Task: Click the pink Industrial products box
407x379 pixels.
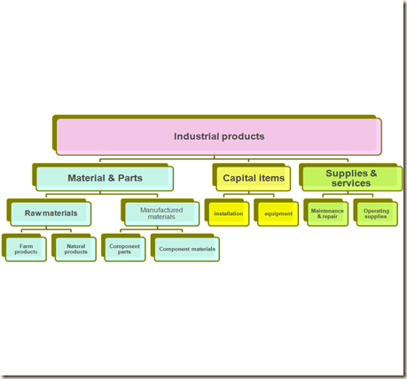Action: (219, 137)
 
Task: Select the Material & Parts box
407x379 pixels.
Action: (105, 178)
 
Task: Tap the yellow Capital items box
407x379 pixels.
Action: (254, 178)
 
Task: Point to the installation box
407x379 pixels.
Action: (229, 213)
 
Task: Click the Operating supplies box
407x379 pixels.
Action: (376, 213)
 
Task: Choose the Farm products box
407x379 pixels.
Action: (26, 249)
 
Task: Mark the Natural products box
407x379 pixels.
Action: (75, 249)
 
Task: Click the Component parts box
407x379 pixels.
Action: (124, 249)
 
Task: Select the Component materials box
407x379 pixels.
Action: (186, 249)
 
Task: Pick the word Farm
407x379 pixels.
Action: (27, 245)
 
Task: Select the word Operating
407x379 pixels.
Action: (376, 211)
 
